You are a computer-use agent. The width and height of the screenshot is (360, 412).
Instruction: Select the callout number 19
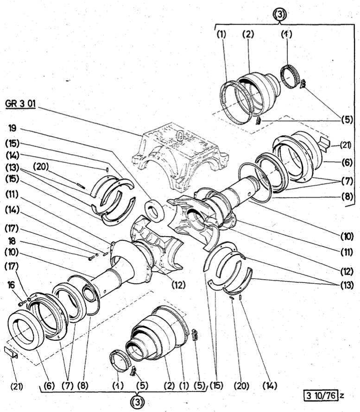coord(12,126)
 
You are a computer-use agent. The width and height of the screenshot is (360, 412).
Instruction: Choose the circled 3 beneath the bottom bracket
coord(136,402)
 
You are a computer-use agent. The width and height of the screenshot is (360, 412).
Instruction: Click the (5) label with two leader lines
coord(347,119)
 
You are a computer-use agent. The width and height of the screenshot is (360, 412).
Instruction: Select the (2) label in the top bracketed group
coord(248,36)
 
